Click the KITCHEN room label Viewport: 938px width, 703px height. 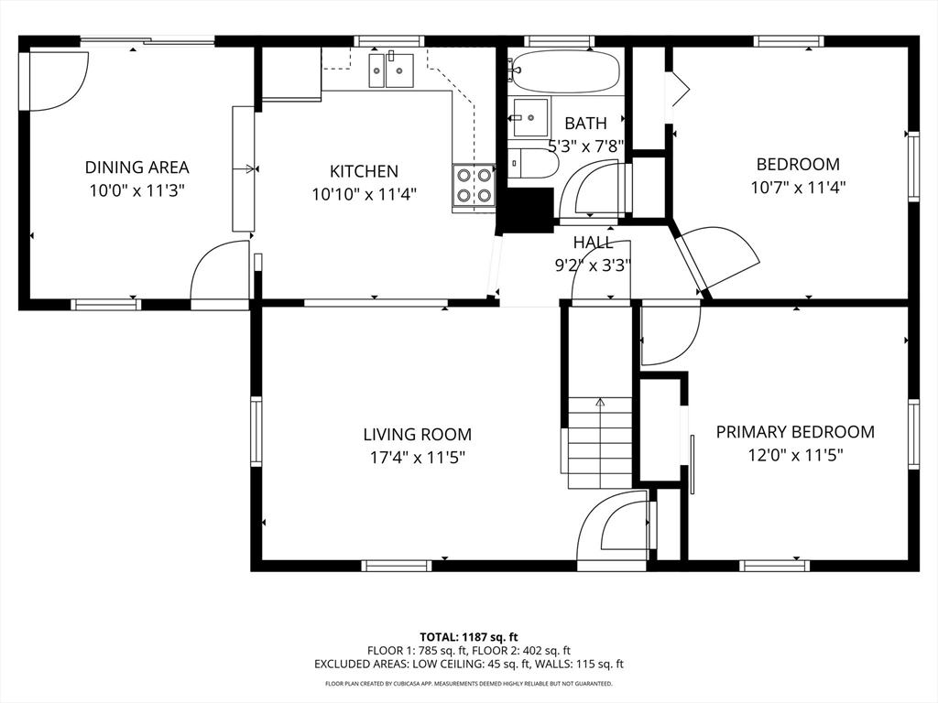(x=364, y=171)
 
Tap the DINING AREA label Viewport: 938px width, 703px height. (x=137, y=168)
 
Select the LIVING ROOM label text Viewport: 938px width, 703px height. (x=418, y=435)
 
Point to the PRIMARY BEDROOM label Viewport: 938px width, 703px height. (x=795, y=432)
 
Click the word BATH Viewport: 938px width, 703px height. (x=585, y=124)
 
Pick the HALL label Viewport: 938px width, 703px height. (x=593, y=242)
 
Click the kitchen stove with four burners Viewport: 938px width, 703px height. (x=474, y=185)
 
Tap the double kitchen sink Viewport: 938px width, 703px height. (x=390, y=70)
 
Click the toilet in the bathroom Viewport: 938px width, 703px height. (x=534, y=163)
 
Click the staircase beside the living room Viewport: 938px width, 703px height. (x=599, y=442)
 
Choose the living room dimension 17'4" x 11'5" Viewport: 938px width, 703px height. (x=418, y=459)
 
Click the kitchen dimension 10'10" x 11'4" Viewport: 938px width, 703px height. (x=364, y=195)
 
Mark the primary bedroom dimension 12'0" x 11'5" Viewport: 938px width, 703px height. (x=796, y=456)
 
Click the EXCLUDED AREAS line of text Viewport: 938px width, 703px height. (x=469, y=665)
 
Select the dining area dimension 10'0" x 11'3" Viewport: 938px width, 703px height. (x=137, y=191)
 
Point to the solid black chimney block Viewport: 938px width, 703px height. (x=528, y=210)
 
